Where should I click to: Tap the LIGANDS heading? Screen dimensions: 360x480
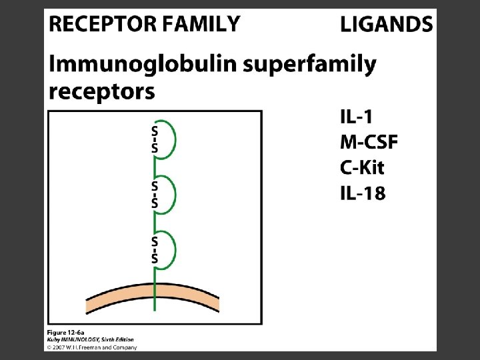[387, 25]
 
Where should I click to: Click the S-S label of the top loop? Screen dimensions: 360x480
[155, 139]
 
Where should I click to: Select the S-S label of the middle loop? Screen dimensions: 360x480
[155, 194]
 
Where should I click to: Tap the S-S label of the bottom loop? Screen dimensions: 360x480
[155, 249]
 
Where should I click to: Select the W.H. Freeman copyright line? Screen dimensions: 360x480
[91, 347]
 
